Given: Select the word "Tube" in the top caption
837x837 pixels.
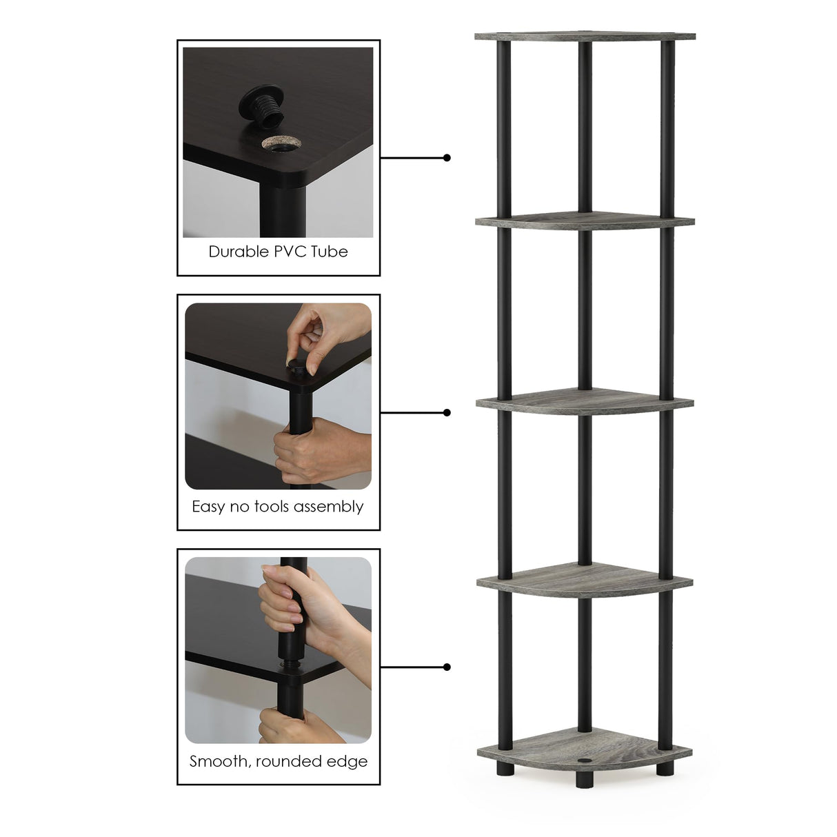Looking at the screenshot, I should (x=329, y=252).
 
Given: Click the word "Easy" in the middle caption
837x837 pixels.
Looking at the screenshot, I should (x=208, y=507).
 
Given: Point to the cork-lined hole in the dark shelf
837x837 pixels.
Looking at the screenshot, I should (x=281, y=143).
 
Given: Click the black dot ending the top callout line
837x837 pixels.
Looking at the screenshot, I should (x=447, y=158).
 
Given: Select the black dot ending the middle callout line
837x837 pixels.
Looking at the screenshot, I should (x=447, y=412).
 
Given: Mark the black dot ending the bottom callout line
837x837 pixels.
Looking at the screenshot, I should (x=447, y=667).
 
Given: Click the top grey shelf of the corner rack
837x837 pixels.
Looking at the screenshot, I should (x=585, y=36).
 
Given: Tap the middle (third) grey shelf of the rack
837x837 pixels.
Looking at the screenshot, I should (x=585, y=401).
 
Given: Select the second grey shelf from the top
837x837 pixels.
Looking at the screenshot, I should (x=585, y=221).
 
